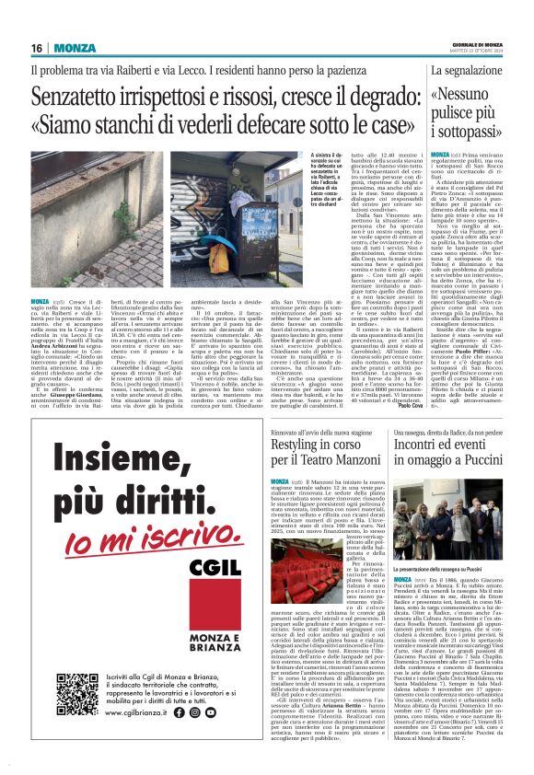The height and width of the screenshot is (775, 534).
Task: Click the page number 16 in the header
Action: click(x=37, y=48)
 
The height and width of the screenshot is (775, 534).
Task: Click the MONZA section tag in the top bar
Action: click(x=75, y=48)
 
